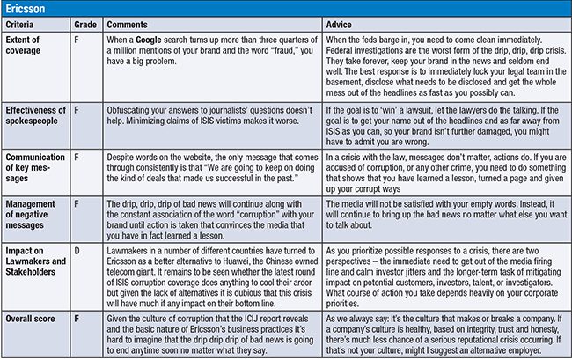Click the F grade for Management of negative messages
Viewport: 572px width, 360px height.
click(x=77, y=203)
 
